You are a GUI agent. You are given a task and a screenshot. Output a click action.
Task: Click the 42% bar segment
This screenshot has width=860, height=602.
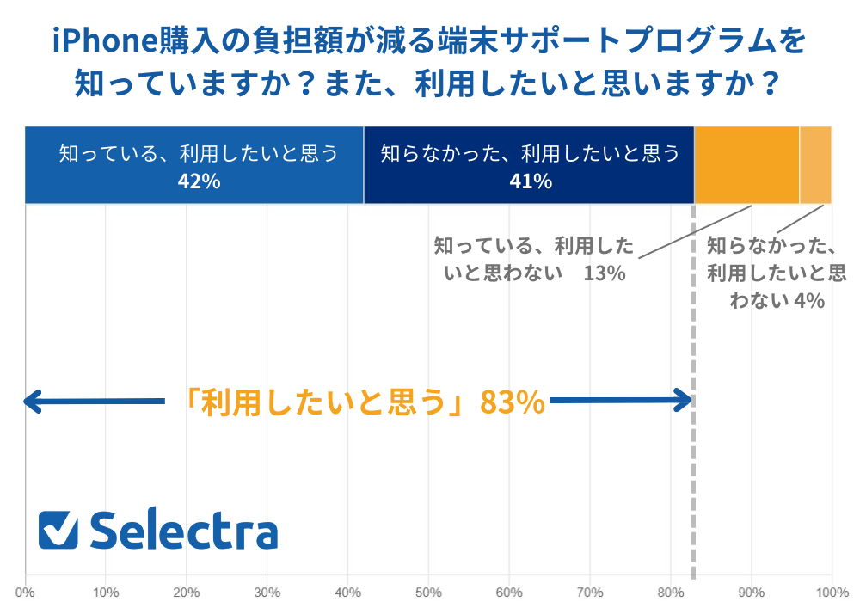194,165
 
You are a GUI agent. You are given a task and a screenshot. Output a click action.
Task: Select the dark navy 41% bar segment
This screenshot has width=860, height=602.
529,165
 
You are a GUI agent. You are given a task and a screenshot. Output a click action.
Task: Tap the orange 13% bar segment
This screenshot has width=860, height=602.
746,165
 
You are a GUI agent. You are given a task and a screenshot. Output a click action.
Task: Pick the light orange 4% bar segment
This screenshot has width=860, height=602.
815,165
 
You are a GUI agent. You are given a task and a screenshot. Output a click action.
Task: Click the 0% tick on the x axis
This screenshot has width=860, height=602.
25,592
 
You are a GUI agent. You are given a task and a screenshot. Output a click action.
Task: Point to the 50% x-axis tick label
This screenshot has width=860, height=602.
428,592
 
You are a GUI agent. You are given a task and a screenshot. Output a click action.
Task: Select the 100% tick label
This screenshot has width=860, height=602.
831,592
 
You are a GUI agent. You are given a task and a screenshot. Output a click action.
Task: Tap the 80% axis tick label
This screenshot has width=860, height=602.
670,592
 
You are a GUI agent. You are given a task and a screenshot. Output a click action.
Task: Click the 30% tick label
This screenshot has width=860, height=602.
267,592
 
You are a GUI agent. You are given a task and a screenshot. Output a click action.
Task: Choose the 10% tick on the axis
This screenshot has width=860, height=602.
105,592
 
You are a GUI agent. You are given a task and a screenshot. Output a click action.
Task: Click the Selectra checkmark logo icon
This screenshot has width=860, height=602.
58,531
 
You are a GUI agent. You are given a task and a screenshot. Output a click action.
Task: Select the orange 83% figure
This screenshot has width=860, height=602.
513,402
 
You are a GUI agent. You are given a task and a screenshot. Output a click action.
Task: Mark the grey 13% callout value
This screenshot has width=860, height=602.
603,274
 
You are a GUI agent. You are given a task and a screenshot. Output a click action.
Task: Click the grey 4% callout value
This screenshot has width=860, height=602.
809,300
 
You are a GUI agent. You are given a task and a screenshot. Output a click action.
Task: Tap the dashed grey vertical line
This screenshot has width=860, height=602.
693,482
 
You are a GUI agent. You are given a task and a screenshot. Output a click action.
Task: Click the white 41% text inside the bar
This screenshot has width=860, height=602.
530,181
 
